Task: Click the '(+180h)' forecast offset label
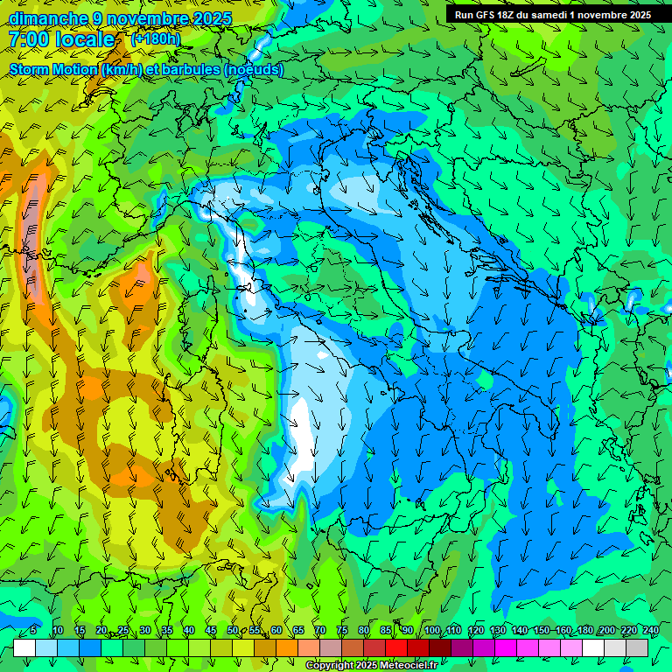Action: pos(156,38)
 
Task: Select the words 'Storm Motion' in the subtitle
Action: pos(53,70)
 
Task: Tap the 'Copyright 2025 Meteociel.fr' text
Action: pos(371,666)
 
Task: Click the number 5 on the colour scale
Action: pos(33,631)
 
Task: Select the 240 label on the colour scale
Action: pos(650,631)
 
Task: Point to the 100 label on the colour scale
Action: pos(432,631)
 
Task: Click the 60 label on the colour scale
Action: pos(276,631)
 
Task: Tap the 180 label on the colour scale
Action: pos(584,631)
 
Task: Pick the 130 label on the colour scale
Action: pos(498,631)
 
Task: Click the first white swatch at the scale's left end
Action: pos(24,647)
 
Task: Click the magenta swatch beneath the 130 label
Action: pos(506,647)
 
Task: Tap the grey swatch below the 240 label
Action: pos(637,647)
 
